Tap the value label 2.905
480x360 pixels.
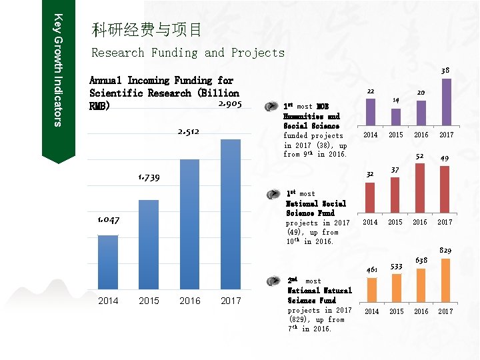tap(229, 104)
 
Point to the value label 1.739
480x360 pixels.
tap(149, 177)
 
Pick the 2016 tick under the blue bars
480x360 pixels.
tap(190, 301)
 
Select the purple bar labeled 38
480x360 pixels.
tap(446, 101)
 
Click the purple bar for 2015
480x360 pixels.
tap(395, 117)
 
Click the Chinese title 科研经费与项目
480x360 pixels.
tap(147, 29)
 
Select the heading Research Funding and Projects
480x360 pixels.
tap(187, 53)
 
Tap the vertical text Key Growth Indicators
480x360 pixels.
tap(58, 70)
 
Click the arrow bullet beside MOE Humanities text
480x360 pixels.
tap(271, 106)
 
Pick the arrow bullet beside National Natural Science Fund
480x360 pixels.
tap(271, 281)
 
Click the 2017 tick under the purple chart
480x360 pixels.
tap(446, 135)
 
